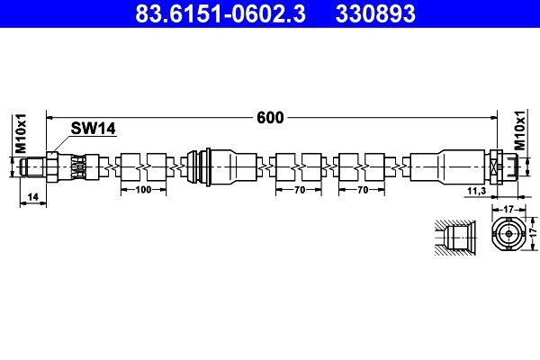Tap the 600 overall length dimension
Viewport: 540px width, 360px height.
click(270, 116)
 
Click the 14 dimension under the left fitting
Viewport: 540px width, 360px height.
click(31, 195)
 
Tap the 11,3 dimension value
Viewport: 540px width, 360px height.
click(476, 192)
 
